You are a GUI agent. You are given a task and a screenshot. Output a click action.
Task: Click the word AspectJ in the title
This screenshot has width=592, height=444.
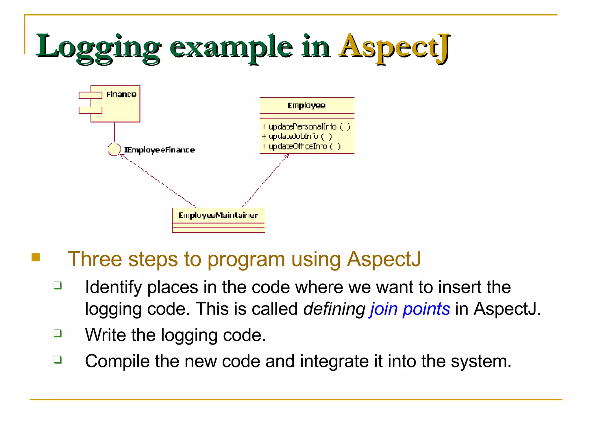[x=395, y=47]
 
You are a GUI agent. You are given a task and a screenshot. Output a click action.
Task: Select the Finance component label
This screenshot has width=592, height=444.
[x=121, y=95]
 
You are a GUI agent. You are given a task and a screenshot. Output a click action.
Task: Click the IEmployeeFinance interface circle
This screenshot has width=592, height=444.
[x=114, y=149]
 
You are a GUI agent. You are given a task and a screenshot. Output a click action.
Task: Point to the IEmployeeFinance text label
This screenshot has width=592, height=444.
[x=160, y=150]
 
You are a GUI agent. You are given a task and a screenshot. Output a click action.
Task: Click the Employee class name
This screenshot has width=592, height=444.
[x=306, y=106]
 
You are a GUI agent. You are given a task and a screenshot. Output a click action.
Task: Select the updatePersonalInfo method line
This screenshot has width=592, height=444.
[x=306, y=127]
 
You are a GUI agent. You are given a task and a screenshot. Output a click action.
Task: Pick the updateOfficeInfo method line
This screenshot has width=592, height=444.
[x=302, y=147]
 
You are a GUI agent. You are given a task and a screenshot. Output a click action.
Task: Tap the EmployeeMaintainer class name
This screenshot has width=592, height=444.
[x=218, y=215]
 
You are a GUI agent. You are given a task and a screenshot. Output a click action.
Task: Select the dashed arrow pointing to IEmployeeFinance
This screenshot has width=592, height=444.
[x=158, y=181]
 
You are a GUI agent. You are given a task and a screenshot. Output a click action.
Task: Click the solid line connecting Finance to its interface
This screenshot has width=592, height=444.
[x=114, y=132]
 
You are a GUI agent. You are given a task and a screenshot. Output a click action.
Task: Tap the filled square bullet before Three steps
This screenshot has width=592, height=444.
[x=36, y=257]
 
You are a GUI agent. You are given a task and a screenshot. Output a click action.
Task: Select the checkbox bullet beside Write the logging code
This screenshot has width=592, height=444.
[x=58, y=333]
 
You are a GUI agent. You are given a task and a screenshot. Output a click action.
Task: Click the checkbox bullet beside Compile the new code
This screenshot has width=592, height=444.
[x=58, y=360]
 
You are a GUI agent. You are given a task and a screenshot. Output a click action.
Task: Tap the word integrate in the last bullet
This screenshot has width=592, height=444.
[x=334, y=361]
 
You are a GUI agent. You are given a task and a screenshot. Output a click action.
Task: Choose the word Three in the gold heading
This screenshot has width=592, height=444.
[x=95, y=259]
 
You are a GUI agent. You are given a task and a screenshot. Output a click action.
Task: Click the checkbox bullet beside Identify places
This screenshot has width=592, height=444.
[x=58, y=285]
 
